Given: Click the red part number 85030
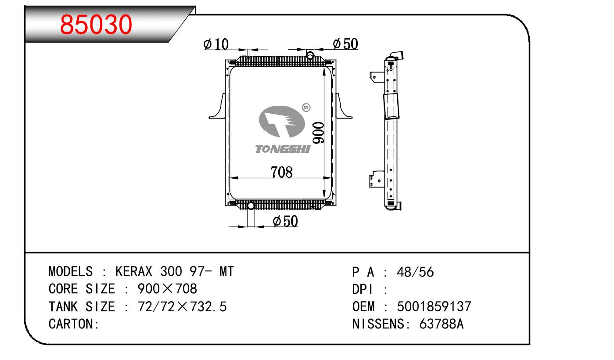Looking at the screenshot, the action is [x=96, y=25].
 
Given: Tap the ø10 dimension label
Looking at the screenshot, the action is [x=216, y=44].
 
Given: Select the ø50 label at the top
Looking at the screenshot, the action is [x=345, y=43].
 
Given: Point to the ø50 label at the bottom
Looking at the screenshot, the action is [x=285, y=221].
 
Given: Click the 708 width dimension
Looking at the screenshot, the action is [x=281, y=172].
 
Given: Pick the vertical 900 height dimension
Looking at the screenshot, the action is [x=318, y=133].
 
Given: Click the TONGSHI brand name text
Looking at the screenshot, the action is [x=283, y=149].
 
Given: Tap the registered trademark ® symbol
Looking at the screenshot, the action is [x=306, y=108].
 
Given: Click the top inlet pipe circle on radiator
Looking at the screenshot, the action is [x=310, y=55].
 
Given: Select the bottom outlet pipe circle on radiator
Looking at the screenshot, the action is [x=251, y=205].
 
